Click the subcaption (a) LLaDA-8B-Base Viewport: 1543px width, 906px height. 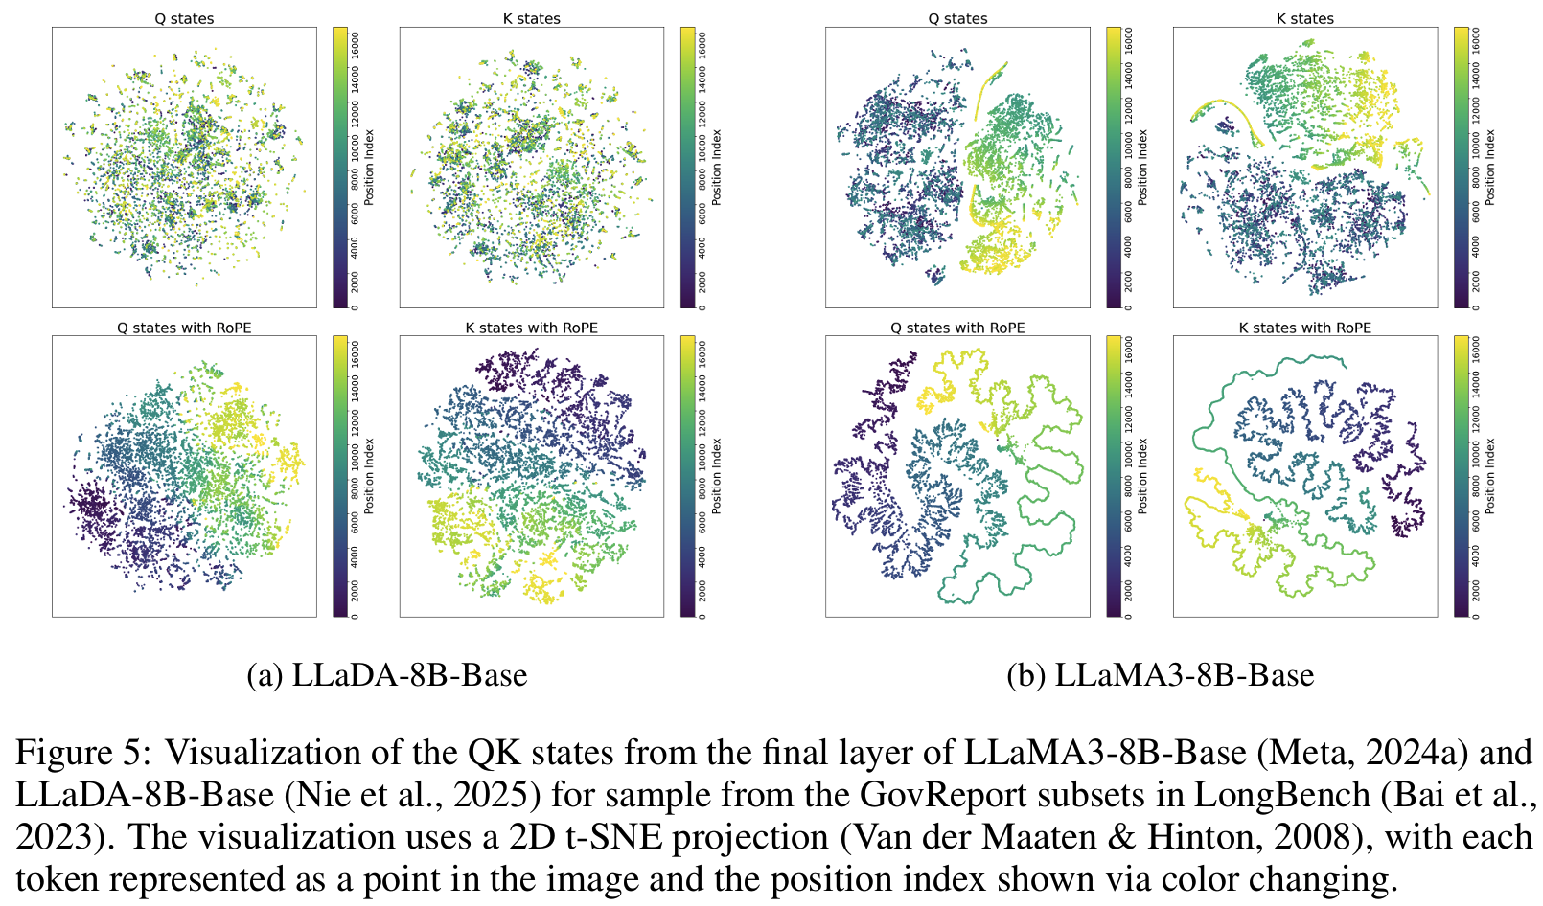387,675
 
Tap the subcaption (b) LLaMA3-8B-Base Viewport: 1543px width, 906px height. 1160,675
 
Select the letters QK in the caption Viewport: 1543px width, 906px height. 494,753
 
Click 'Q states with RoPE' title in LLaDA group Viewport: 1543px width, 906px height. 184,328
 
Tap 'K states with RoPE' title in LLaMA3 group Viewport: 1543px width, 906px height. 1304,328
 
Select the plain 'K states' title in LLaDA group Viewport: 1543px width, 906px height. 531,18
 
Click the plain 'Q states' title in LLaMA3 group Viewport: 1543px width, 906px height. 957,18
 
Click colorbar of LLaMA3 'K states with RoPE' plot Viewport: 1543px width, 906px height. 1461,476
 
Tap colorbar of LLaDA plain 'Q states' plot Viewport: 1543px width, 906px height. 340,168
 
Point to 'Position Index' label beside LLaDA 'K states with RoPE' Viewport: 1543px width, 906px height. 716,476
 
